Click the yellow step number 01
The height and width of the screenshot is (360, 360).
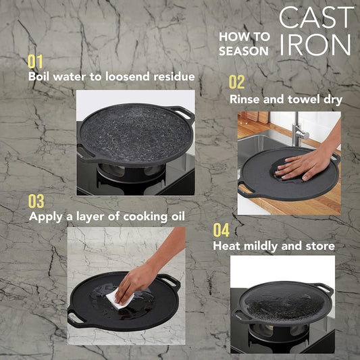tap(35, 61)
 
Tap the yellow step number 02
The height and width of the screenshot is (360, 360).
tap(236, 82)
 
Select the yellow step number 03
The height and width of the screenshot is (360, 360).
tap(36, 201)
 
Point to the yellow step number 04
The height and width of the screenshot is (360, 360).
tap(221, 230)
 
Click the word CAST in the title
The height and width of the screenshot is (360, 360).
tap(316, 18)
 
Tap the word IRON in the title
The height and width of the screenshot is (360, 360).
tap(315, 45)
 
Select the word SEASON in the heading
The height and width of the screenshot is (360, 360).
tap(244, 51)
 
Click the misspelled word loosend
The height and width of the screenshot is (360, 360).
tap(128, 76)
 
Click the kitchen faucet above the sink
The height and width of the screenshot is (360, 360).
tap(299, 132)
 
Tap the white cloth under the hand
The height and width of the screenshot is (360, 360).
tap(120, 299)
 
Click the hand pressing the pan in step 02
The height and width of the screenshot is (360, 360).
tap(303, 165)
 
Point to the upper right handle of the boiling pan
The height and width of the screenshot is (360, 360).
tap(182, 113)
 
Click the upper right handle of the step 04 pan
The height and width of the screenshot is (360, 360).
tap(324, 288)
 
